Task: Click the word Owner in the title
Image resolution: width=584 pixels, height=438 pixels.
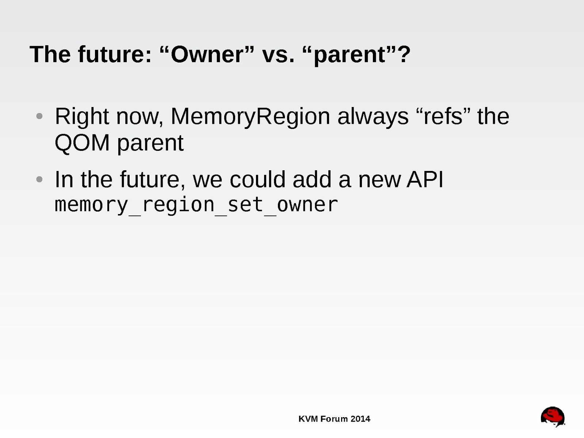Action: pos(207,54)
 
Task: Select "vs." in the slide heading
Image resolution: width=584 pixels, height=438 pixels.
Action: pos(278,57)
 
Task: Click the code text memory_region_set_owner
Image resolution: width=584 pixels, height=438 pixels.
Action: pos(196,205)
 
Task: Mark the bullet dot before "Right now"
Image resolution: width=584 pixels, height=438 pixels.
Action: pos(39,116)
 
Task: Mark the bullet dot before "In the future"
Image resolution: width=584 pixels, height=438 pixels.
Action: pos(39,179)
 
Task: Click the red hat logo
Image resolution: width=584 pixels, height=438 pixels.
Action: pos(553,417)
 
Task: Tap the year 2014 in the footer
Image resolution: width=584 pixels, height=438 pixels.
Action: pos(360,419)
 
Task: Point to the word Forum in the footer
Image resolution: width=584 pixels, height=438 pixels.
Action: pos(334,419)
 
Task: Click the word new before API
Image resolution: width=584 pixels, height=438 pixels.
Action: pos(379,181)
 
